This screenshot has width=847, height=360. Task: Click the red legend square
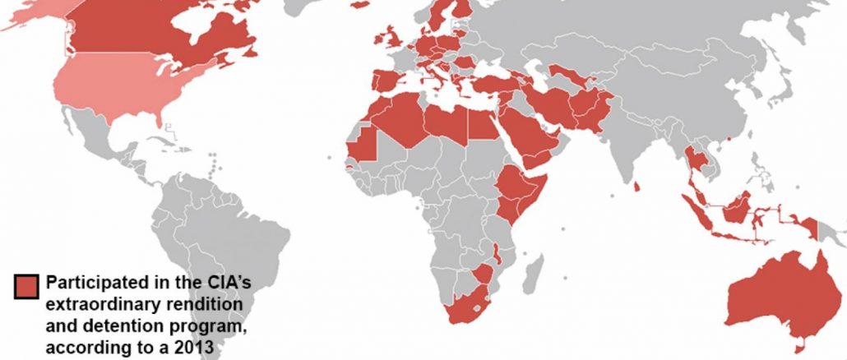26,285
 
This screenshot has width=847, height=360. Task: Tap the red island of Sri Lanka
636,189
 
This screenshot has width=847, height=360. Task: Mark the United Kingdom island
392,38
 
